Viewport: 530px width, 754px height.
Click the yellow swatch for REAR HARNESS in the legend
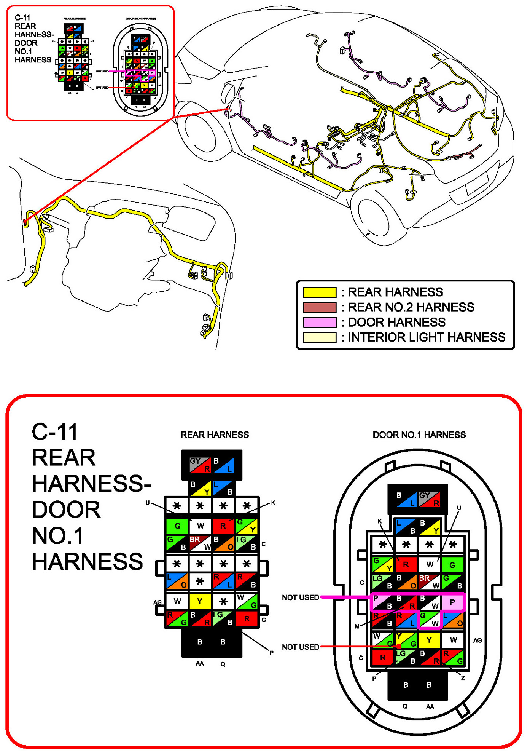(320, 292)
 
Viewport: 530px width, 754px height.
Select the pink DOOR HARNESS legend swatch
(320, 323)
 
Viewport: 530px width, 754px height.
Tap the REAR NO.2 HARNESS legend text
(411, 307)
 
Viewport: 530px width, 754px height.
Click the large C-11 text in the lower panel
(55, 432)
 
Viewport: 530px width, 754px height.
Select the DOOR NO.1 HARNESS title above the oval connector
(419, 435)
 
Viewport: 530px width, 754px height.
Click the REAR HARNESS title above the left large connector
(215, 435)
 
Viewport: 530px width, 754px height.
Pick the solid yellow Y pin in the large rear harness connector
(200, 601)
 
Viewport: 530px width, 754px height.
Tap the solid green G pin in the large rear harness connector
(177, 526)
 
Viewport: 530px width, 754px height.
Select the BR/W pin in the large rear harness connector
(200, 543)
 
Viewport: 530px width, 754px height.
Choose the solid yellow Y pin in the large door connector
(429, 640)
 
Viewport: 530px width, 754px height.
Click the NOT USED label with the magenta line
(300, 597)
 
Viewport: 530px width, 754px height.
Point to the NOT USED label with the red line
(300, 647)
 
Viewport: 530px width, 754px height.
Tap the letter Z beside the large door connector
(463, 678)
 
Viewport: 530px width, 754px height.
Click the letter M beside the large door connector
(357, 626)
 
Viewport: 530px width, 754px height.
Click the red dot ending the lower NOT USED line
(399, 646)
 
